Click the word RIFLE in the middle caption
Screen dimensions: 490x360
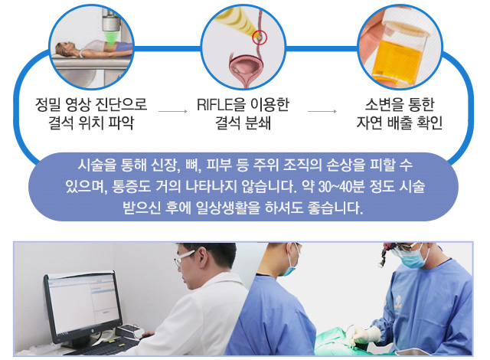215,105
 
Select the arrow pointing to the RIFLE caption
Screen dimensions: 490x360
173,111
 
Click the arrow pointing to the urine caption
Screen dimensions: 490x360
322,111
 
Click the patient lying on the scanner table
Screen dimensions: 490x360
93,49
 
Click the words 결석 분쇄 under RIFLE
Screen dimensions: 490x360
243,123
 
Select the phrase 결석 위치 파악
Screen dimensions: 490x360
91,123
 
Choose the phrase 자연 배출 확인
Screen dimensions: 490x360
400,123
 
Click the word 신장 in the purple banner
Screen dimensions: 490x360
165,165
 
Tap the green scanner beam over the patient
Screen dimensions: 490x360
110,38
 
